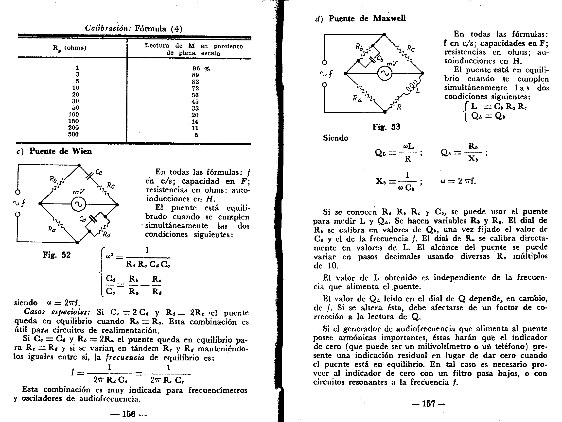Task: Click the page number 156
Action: pyautogui.click(x=129, y=414)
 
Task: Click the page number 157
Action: pyautogui.click(x=429, y=404)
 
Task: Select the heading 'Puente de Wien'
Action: pyautogui.click(x=60, y=151)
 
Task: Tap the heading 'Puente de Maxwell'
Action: pyautogui.click(x=367, y=18)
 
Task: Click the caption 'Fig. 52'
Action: pyautogui.click(x=57, y=255)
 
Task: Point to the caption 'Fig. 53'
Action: pyautogui.click(x=386, y=127)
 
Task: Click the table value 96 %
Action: pyautogui.click(x=201, y=69)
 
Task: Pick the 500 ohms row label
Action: pyautogui.click(x=73, y=134)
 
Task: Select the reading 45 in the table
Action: pyautogui.click(x=195, y=101)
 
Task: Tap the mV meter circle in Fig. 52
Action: pyautogui.click(x=78, y=204)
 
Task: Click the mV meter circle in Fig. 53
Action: pyautogui.click(x=385, y=74)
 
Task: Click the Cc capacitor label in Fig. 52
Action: pyautogui.click(x=99, y=173)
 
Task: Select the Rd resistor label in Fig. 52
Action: pyautogui.click(x=106, y=235)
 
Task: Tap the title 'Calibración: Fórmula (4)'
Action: pyautogui.click(x=134, y=28)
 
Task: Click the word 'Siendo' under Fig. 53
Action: pyautogui.click(x=335, y=138)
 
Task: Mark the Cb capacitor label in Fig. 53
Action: pyautogui.click(x=380, y=59)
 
